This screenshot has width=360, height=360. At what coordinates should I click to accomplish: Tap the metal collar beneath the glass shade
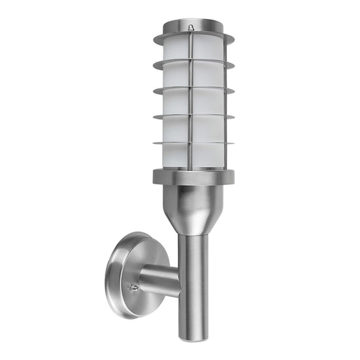(x=196, y=176)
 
